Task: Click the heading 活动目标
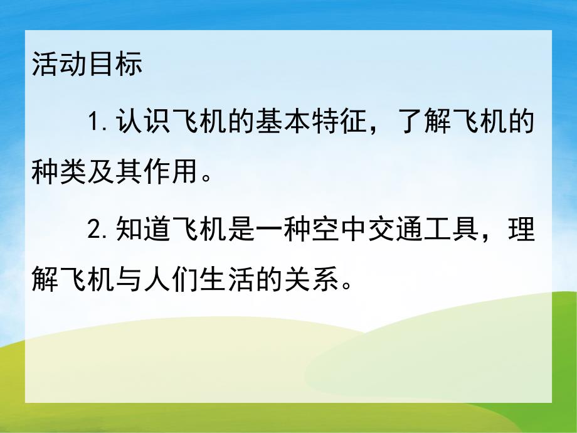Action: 87,65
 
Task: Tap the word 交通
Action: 366,230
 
